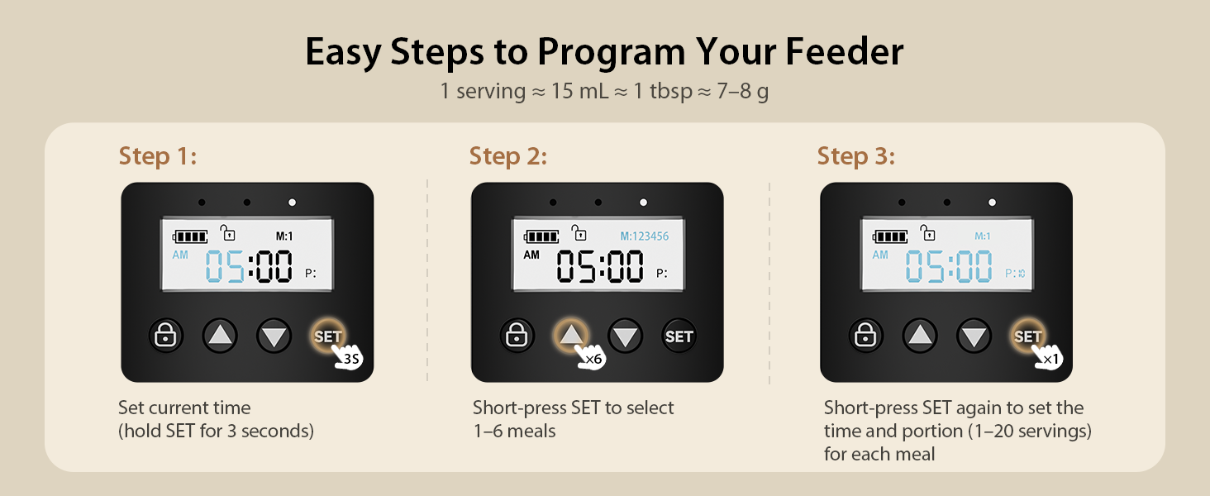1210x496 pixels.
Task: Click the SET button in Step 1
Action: click(328, 336)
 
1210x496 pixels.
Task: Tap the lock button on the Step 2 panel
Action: click(517, 336)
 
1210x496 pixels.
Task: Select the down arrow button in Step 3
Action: click(974, 336)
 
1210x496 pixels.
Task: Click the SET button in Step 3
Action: click(1027, 336)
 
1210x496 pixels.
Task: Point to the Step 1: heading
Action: click(158, 155)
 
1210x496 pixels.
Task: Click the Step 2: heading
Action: click(507, 155)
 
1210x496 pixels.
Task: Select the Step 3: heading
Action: click(856, 155)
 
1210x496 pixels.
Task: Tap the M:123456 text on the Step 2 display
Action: click(644, 236)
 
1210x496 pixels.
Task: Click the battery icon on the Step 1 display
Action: click(190, 237)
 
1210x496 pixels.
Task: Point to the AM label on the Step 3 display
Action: click(880, 255)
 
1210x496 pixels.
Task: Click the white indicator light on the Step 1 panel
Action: click(292, 202)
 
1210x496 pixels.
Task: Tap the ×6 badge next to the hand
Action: click(593, 359)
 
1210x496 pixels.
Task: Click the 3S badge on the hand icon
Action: click(352, 359)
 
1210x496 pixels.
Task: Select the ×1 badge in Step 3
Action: click(1050, 359)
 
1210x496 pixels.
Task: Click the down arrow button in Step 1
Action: click(274, 336)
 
